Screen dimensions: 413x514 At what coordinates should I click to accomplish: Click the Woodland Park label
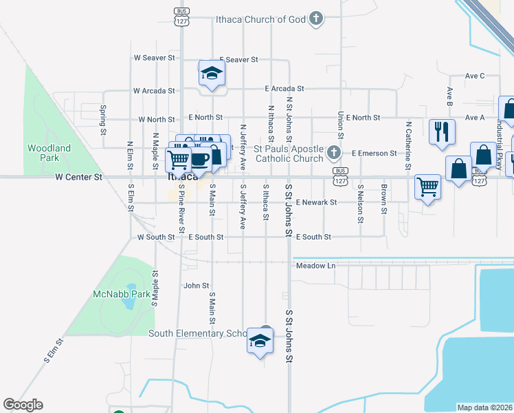coord(49,152)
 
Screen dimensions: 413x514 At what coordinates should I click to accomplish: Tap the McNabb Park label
coord(121,294)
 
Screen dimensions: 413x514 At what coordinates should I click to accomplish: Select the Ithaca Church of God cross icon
coord(315,19)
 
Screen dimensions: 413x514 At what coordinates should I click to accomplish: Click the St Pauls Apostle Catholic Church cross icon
coord(334,151)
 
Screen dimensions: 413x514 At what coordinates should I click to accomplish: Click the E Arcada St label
coord(284,89)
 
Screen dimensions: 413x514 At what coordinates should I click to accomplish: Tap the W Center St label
coord(79,177)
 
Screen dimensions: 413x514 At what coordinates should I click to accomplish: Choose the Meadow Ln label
coord(315,266)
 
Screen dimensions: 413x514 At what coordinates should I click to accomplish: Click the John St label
coord(196,285)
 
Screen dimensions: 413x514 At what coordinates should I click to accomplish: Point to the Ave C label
coord(475,76)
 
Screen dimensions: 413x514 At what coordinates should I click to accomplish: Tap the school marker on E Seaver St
coord(212,73)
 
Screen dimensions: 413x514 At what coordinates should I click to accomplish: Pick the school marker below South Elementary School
coord(260,342)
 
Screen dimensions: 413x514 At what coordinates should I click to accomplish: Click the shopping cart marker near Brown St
coord(428,187)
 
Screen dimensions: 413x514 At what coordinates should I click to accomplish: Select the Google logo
coord(23,405)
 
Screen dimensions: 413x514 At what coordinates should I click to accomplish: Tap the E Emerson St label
coord(375,153)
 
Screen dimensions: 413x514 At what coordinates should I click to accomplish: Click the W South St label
coord(156,237)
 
